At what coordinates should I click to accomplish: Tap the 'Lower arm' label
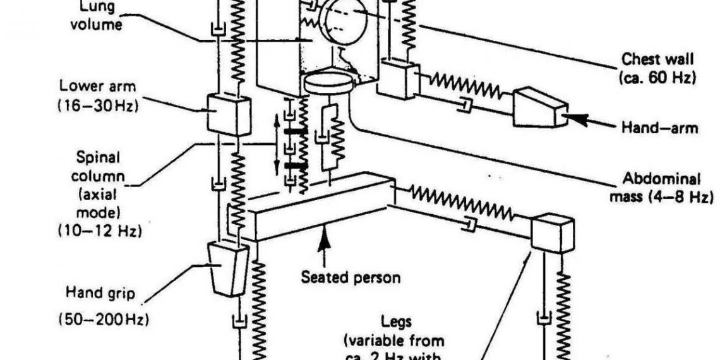pos(108,85)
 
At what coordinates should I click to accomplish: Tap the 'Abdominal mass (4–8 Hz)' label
pos(661,188)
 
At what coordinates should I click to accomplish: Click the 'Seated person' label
pos(351,277)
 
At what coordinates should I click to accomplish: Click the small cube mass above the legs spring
pos(551,232)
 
